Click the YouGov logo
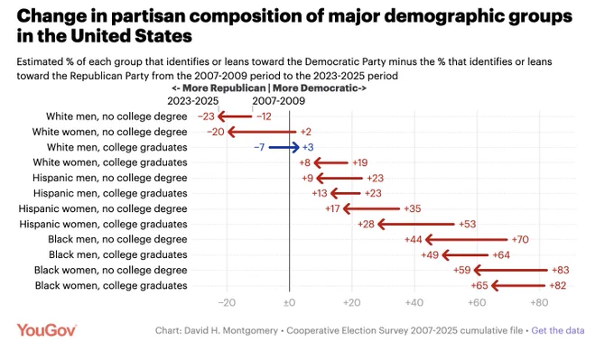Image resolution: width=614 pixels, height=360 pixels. pos(47,330)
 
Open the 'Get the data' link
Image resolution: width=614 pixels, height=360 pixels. pos(558,330)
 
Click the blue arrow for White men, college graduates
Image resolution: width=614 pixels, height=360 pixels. pos(284,147)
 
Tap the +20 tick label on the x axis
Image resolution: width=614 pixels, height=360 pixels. pos(351,302)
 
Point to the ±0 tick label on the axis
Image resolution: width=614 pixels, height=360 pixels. pos(289,302)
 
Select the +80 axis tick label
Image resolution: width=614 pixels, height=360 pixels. pos(539,302)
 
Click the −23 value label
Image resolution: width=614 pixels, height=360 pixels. pos(206,116)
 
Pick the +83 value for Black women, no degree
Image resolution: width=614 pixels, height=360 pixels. pos(561,270)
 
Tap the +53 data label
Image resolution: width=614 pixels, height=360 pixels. pos(467,225)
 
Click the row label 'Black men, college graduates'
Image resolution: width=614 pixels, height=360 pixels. pos(118,254)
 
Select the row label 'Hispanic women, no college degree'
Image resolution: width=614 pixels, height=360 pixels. pos(103,208)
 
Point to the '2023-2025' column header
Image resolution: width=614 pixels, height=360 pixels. pos(192,101)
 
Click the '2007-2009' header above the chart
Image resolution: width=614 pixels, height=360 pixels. pos(278,101)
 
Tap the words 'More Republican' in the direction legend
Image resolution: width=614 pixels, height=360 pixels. pos(224,88)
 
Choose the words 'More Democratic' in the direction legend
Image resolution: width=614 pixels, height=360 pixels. pos(315,88)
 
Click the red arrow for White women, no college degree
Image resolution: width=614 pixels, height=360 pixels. pos(262,132)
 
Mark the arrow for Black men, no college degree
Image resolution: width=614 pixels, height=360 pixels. pos(466,239)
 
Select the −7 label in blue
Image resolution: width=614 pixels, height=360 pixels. pos(259,147)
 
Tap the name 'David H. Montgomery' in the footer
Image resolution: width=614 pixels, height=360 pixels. pos(231,330)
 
